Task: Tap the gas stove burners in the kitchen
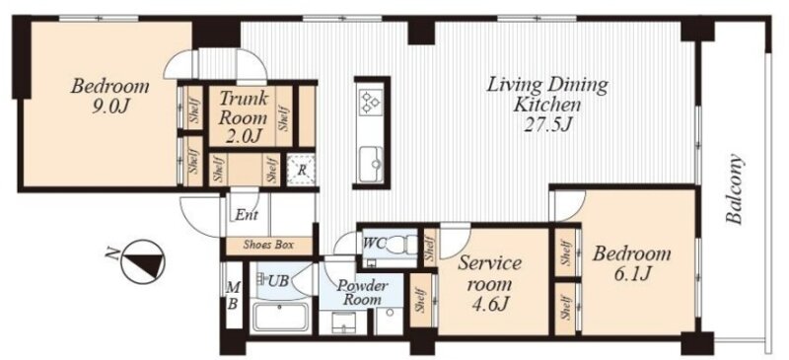pos(369,101)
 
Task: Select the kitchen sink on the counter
pos(371,160)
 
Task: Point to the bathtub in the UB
pos(280,317)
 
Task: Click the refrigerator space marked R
pos(301,170)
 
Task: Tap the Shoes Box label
pos(268,246)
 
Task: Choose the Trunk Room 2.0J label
pos(244,117)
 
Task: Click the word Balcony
pos(735,188)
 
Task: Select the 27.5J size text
pos(546,124)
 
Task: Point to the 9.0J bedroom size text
pos(109,108)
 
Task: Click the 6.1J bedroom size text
pos(631,274)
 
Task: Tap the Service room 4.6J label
pos(488,283)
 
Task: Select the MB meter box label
pos(233,297)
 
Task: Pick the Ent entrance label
pos(247,215)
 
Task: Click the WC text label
pos(374,243)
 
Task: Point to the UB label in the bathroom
pos(278,280)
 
